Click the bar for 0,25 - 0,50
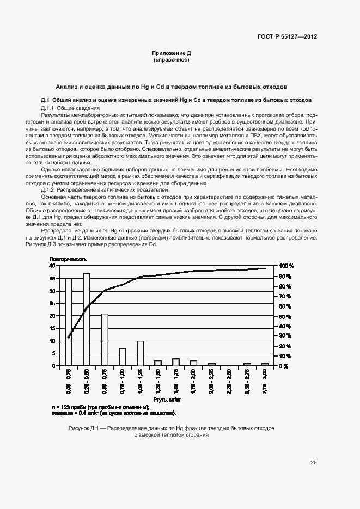87,320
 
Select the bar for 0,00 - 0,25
69,322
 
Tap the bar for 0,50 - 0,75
105,339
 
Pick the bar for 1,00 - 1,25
141,353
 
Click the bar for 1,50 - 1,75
176,361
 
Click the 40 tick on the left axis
52,266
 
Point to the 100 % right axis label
287,266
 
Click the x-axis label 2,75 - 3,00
265,381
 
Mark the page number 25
313,463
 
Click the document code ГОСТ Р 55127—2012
287,37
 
